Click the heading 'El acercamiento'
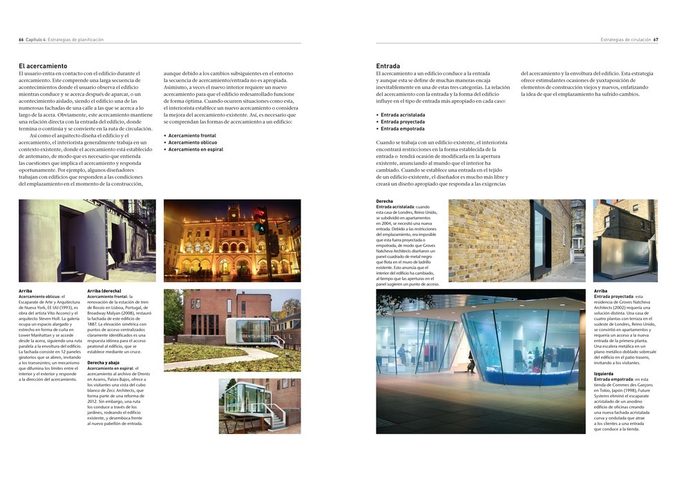click(x=43, y=66)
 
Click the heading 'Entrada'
click(x=390, y=66)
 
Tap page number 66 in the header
click(x=21, y=40)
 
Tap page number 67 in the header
click(x=656, y=40)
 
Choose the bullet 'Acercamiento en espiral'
click(x=196, y=149)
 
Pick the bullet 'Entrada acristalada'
click(x=403, y=115)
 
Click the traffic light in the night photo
click(x=260, y=221)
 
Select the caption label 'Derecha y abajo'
click(x=104, y=362)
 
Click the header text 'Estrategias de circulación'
click(x=625, y=40)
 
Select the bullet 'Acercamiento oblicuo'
click(x=193, y=142)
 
